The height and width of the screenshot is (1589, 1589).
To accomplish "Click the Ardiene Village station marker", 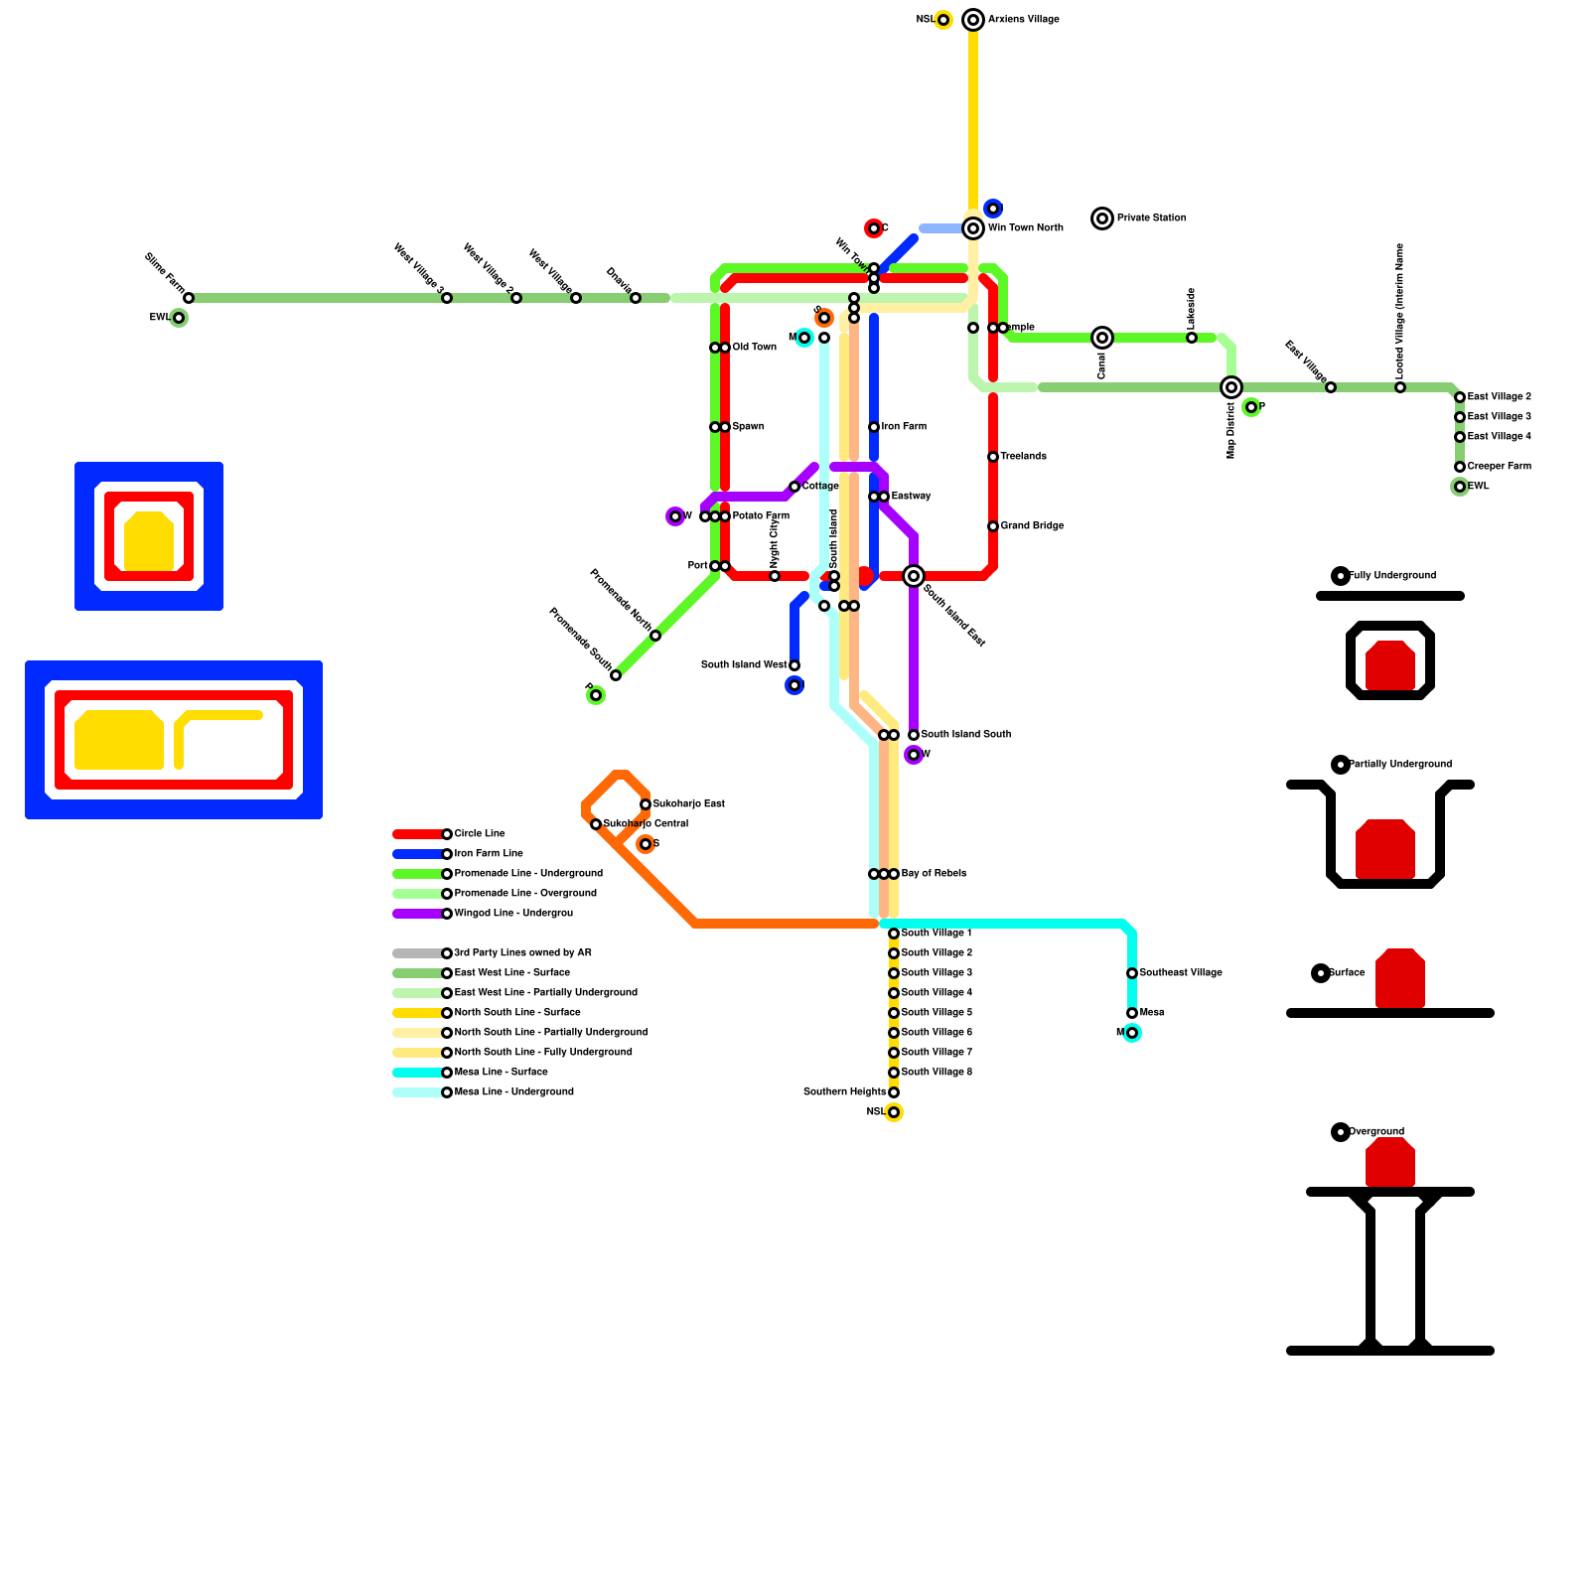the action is [x=973, y=20].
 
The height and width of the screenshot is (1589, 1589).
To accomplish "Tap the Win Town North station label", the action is [x=1025, y=228].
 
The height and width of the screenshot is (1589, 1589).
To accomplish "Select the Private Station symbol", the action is [x=1102, y=218].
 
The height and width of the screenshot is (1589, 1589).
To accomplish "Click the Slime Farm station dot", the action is [x=189, y=298].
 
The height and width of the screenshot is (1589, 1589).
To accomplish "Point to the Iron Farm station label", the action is [x=904, y=427].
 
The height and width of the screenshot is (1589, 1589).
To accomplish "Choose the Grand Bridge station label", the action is [x=1032, y=526].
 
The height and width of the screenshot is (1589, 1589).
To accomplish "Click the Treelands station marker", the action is [x=993, y=457].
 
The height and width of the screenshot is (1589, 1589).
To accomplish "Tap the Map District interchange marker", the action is [x=1231, y=387].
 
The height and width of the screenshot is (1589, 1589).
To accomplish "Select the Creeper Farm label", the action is [x=1499, y=467].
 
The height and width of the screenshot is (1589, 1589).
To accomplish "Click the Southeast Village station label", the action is [x=1181, y=973].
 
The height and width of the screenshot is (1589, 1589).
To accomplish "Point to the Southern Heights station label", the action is [x=844, y=1092].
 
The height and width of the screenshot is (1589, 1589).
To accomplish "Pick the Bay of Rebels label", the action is [x=934, y=874].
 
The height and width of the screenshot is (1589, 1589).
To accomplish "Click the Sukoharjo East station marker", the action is [x=646, y=804].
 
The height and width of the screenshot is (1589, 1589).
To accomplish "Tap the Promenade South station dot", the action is [x=616, y=675].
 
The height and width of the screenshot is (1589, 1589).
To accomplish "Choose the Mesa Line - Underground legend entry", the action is [x=513, y=1092].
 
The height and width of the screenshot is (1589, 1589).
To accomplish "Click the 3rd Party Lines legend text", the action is [x=522, y=953].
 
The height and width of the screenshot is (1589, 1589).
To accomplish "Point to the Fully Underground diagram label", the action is [x=1392, y=576].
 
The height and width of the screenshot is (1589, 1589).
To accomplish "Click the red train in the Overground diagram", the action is [x=1390, y=1162].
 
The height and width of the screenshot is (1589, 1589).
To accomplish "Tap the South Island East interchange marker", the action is [x=914, y=576].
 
